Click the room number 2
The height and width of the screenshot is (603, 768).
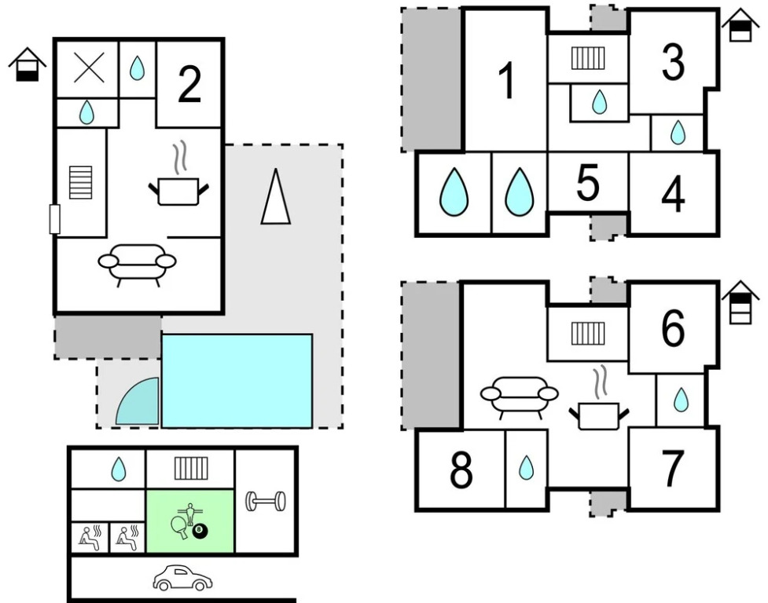189,85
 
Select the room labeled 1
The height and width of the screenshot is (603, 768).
507,81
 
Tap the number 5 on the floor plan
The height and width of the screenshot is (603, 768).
587,183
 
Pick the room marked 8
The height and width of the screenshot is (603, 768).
461,470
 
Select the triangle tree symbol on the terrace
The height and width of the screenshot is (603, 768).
276,198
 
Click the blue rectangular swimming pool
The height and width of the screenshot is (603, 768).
237,380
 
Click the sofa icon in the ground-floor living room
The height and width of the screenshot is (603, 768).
137,263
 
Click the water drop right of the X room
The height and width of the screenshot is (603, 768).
138,69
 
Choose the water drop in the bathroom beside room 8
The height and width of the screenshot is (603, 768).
526,469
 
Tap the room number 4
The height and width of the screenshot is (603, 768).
673,195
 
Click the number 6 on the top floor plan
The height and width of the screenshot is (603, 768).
673,329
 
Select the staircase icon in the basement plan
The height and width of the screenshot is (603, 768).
189,468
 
